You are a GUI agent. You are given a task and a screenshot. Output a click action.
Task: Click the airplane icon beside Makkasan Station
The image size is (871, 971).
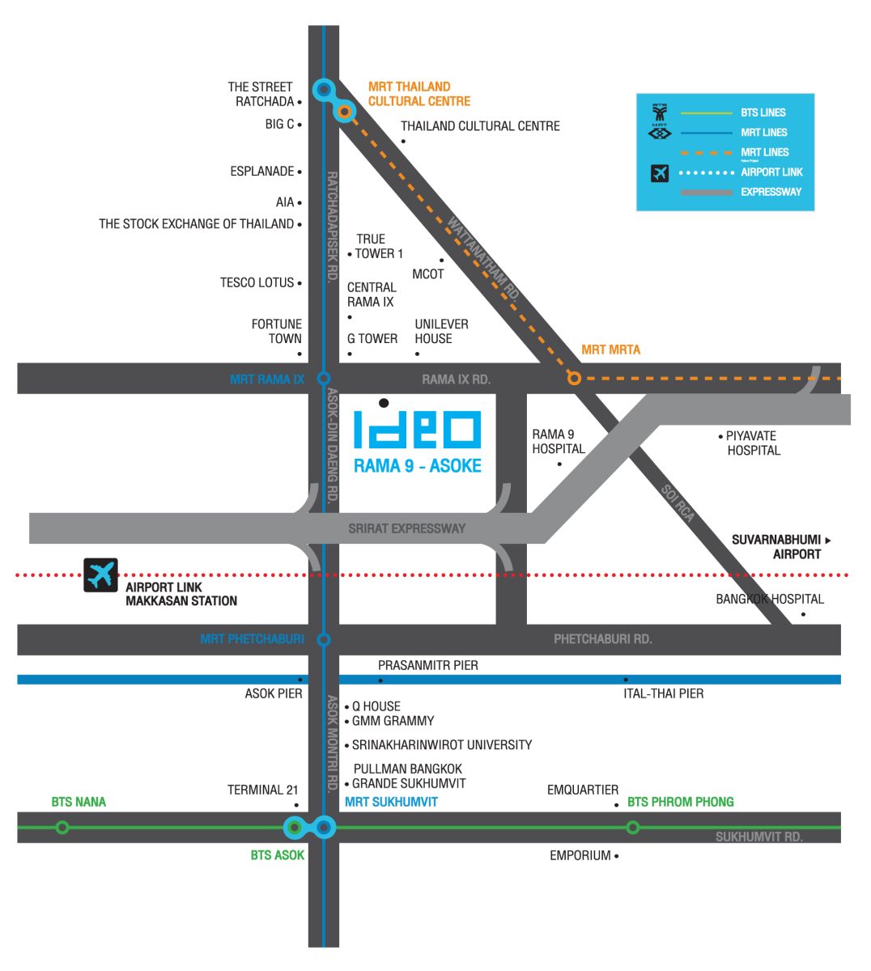[101, 575]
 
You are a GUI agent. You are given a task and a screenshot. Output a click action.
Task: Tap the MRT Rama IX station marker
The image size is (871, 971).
[324, 378]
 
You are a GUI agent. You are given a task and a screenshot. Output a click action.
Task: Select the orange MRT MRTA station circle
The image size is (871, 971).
[574, 378]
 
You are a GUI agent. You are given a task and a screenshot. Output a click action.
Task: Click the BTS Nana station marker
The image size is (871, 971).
[62, 827]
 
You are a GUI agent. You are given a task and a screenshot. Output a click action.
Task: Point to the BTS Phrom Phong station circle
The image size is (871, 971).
[633, 827]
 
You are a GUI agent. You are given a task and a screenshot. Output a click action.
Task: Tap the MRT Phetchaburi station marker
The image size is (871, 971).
[324, 639]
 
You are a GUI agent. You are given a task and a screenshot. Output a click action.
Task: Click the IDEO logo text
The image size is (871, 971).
[418, 429]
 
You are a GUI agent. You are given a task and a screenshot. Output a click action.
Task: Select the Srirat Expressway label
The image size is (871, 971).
[406, 528]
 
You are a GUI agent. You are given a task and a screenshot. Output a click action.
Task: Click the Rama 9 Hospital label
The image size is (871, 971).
[558, 442]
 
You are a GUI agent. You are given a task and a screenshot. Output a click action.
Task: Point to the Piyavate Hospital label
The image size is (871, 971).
[752, 443]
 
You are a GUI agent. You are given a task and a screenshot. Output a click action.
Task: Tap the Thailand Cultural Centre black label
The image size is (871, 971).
[480, 126]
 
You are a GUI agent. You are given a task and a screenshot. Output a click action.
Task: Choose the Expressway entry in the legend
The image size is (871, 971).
[771, 192]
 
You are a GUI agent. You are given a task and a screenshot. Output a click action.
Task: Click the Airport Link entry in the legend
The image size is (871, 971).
[771, 172]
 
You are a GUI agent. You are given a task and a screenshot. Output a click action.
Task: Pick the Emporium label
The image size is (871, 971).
[580, 855]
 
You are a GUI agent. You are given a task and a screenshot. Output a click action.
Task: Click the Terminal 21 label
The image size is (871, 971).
[262, 790]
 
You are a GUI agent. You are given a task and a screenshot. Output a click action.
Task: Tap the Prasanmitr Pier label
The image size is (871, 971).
[427, 665]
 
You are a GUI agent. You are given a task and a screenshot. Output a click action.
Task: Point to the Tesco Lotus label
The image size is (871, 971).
[257, 282]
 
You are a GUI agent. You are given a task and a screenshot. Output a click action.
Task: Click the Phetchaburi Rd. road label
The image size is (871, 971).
[602, 639]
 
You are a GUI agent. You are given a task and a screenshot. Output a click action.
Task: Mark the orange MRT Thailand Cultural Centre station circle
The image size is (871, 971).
[345, 112]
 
